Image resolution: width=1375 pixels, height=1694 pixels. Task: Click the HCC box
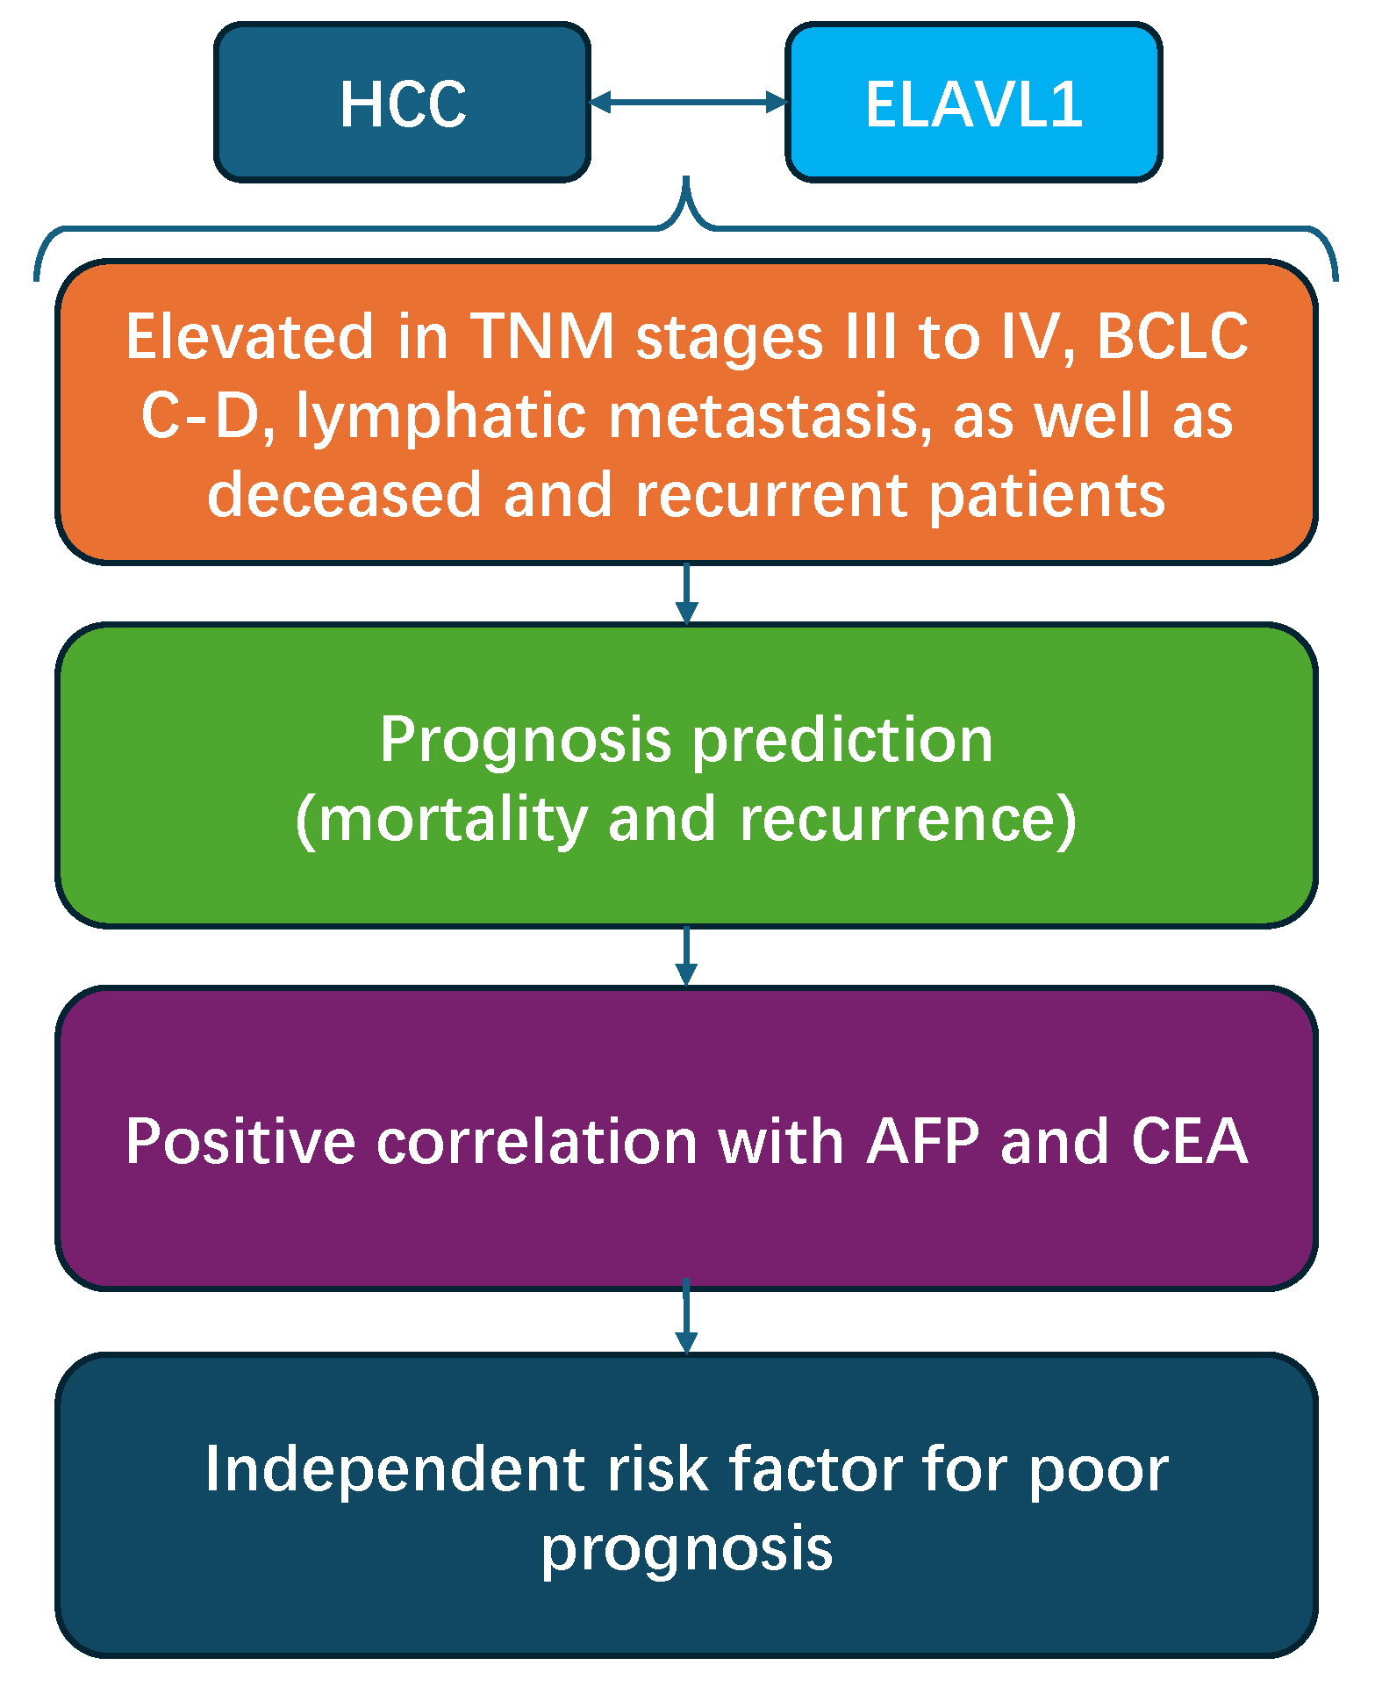pos(402,104)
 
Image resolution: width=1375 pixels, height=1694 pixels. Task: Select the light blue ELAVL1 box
pos(973,104)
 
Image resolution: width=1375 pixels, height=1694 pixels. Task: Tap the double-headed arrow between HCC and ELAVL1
pos(687,103)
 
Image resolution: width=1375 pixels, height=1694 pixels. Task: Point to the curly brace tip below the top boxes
pos(687,189)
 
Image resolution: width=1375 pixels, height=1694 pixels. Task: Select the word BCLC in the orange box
pos(1172,337)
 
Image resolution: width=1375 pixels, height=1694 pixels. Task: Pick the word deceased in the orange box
pos(344,496)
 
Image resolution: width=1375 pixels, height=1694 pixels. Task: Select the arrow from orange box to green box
pos(687,593)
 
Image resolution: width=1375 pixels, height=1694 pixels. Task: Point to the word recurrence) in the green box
pos(908,820)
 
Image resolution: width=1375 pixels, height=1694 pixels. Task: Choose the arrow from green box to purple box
pos(687,957)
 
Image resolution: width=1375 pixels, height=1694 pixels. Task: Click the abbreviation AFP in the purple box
pos(922,1142)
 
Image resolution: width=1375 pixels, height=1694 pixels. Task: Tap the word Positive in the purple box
pos(240,1142)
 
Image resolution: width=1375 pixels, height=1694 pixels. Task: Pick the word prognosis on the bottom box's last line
pos(687,1550)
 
